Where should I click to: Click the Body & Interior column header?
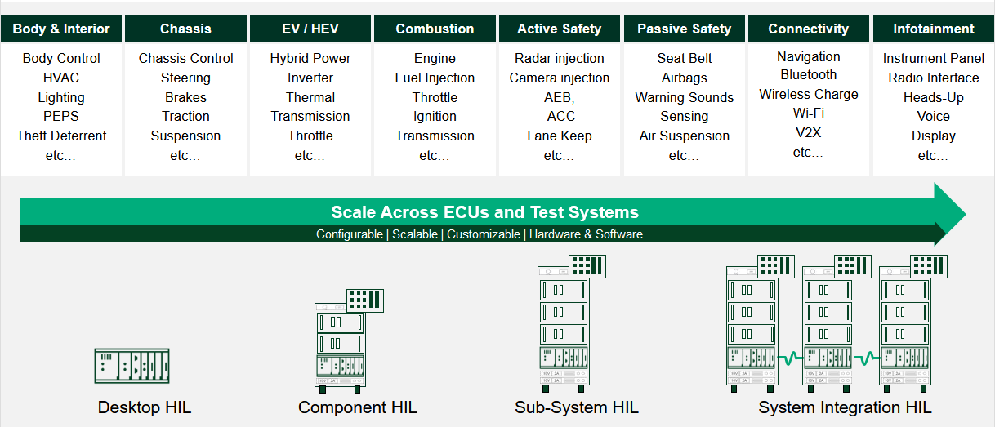60,29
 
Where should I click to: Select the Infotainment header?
933,29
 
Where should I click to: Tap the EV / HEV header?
310,29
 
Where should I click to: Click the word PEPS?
60,116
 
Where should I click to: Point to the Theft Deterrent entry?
61,136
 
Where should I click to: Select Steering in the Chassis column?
185,78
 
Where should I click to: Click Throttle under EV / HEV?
310,136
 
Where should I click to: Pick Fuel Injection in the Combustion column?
435,78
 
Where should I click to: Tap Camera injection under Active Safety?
560,78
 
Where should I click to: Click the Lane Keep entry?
560,136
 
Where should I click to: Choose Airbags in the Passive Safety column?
684,78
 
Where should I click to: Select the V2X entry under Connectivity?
809,133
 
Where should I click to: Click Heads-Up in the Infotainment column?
933,98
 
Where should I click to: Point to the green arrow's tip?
966,215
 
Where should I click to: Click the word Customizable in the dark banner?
484,234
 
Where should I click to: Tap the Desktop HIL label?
145,407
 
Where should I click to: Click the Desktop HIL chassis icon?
132,366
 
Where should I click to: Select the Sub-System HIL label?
577,407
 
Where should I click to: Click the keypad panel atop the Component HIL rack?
365,300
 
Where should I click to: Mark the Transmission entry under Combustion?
435,136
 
